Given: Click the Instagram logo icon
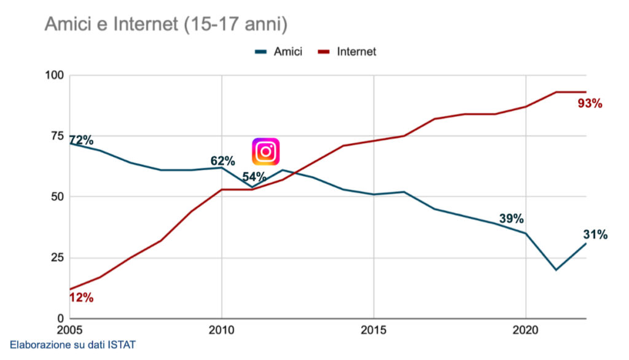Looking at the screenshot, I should pyautogui.click(x=266, y=151).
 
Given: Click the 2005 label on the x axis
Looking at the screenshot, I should pyautogui.click(x=71, y=329).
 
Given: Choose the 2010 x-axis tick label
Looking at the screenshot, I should pyautogui.click(x=222, y=329).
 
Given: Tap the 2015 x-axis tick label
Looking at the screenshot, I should pyautogui.click(x=373, y=329).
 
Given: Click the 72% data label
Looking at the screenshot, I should pyautogui.click(x=81, y=140).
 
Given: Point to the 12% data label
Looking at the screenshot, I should pyautogui.click(x=81, y=298).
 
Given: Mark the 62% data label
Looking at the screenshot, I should pyautogui.click(x=222, y=161).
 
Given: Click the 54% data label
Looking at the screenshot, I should pyautogui.click(x=254, y=177).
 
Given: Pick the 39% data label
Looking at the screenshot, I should pyautogui.click(x=511, y=219).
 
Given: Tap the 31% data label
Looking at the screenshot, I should pyautogui.click(x=595, y=235).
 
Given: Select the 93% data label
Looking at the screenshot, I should pyautogui.click(x=590, y=104).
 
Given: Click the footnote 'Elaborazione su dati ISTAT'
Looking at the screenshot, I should pyautogui.click(x=72, y=345).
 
